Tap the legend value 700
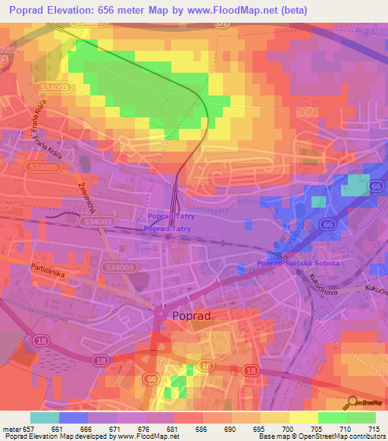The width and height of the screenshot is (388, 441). tap(287, 428)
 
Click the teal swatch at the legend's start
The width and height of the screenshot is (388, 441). tap(45, 418)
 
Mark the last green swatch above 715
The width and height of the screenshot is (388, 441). tap(361, 418)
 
